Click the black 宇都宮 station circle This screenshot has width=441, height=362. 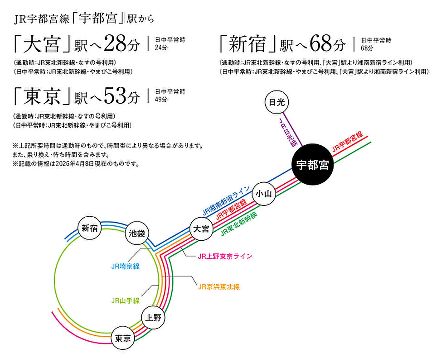pyautogui.click(x=312, y=164)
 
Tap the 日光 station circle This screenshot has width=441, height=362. pyautogui.click(x=277, y=102)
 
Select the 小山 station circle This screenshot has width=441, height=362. pyautogui.click(x=264, y=194)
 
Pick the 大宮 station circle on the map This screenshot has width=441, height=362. pyautogui.click(x=201, y=229)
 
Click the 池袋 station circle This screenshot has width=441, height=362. pyautogui.click(x=137, y=233)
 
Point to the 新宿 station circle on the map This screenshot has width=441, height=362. pyautogui.click(x=89, y=228)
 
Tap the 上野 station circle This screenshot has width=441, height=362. pyautogui.click(x=153, y=318)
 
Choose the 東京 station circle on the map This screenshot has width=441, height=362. pyautogui.click(x=123, y=338)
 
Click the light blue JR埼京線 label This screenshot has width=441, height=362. pyautogui.click(x=126, y=266)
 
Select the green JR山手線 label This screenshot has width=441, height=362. pyautogui.click(x=126, y=301)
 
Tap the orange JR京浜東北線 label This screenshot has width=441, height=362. pyautogui.click(x=219, y=287)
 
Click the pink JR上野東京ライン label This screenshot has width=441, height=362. pyautogui.click(x=225, y=256)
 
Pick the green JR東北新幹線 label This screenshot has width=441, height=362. pyautogui.click(x=239, y=224)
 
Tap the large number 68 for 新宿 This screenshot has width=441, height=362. pyautogui.click(x=321, y=44)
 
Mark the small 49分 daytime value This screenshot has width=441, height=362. pyautogui.click(x=161, y=99)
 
